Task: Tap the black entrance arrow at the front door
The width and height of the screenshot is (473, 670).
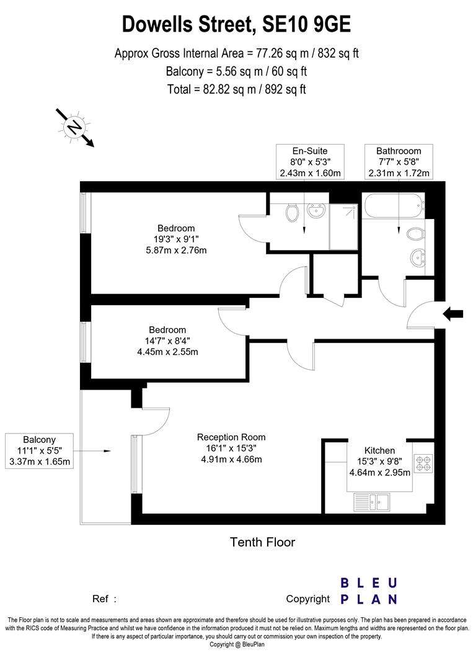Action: [453, 315]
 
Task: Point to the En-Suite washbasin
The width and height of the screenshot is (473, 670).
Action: [314, 212]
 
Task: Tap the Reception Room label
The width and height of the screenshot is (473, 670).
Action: [227, 437]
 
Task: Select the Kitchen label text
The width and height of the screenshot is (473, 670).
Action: [379, 450]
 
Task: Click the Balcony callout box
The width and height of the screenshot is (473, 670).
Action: [39, 450]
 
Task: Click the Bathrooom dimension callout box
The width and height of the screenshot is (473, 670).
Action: [398, 161]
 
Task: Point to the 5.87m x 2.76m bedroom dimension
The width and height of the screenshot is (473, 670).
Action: [175, 250]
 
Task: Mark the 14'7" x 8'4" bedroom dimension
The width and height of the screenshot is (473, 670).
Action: [167, 341]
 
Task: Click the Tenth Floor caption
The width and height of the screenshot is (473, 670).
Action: [262, 542]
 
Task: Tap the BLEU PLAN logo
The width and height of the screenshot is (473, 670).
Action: [369, 591]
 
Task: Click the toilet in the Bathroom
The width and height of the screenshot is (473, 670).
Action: [416, 234]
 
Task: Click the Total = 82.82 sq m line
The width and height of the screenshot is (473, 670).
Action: [236, 89]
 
